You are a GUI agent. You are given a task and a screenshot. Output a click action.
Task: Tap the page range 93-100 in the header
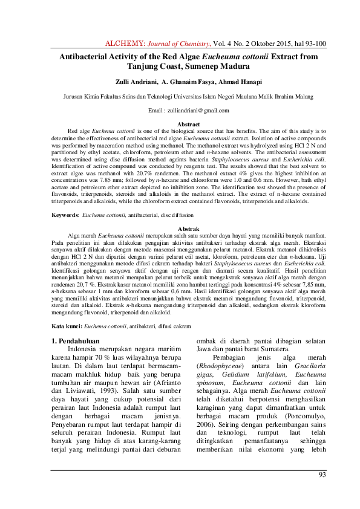315,44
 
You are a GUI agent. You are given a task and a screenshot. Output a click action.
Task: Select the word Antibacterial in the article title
85,56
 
